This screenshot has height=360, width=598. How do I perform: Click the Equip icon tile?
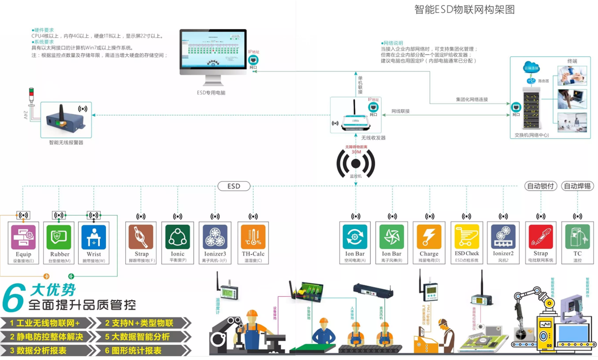(x=23, y=237)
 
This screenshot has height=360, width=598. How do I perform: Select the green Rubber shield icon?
(x=59, y=237)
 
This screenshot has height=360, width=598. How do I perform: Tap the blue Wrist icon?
(x=94, y=237)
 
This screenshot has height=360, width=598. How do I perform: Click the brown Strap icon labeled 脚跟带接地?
(x=141, y=237)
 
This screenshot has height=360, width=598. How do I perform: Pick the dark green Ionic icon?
(x=177, y=237)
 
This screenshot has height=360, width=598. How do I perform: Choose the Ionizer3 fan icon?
(x=215, y=237)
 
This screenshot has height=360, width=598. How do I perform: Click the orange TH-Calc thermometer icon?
(x=253, y=237)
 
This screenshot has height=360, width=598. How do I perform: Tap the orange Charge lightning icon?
(x=429, y=237)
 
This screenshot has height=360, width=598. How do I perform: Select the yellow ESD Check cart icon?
(x=466, y=237)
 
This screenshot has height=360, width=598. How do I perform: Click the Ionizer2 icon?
(x=503, y=237)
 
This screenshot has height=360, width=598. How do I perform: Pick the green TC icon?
(x=577, y=237)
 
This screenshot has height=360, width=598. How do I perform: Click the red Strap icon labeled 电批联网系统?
(x=541, y=237)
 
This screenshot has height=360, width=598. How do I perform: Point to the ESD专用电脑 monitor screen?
(x=213, y=50)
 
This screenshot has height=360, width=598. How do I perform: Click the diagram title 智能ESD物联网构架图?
(x=464, y=10)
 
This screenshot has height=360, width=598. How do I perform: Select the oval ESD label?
(x=234, y=186)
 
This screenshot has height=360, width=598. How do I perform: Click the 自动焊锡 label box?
(x=578, y=186)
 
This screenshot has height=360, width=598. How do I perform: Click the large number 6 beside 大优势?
(x=14, y=298)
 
